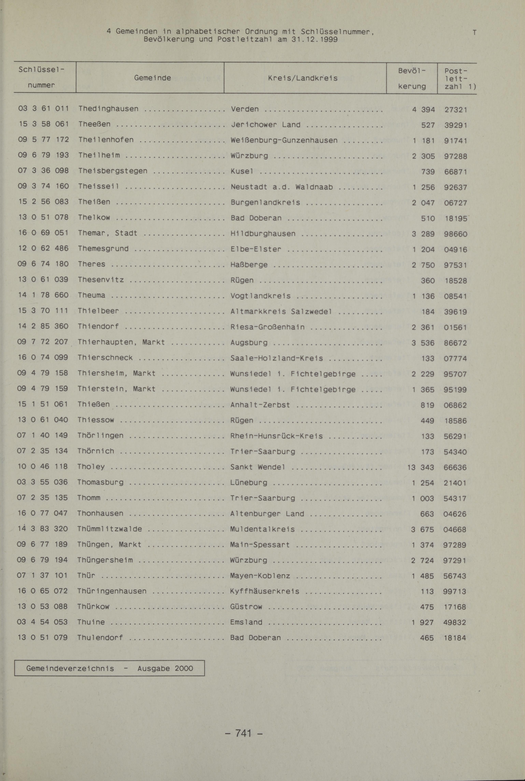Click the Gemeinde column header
point(152,78)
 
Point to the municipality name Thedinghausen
point(108,109)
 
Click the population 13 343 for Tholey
point(421,467)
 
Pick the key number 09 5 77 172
point(43,139)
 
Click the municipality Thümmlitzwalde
point(109,529)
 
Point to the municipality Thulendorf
point(100,638)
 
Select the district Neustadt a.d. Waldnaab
point(282,187)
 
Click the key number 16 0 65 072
point(42,591)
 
